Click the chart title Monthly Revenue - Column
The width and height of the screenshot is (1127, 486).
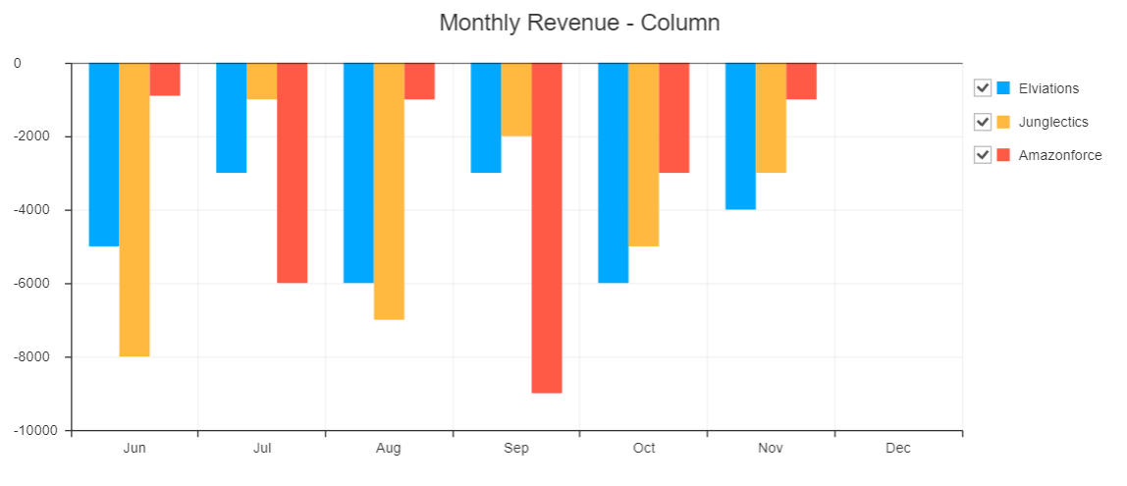click(579, 23)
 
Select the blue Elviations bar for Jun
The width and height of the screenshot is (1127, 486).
click(104, 154)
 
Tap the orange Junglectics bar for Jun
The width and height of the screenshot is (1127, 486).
click(134, 209)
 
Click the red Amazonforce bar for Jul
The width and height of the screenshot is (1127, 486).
click(292, 173)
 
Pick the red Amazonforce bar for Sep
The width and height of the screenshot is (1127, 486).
click(547, 228)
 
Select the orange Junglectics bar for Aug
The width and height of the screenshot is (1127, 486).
click(389, 191)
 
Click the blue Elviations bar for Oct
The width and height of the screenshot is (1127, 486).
click(614, 173)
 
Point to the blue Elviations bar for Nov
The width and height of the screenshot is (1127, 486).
click(740, 136)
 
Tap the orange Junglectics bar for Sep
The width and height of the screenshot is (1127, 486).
click(516, 99)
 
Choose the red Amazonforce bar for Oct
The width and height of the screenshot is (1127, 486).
click(673, 118)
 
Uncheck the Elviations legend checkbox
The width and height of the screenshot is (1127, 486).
click(982, 88)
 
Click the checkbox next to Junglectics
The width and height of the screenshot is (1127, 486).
click(982, 122)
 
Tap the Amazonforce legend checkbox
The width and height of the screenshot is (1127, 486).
click(982, 155)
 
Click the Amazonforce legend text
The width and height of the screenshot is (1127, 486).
click(1060, 155)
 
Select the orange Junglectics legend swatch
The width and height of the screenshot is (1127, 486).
click(1003, 122)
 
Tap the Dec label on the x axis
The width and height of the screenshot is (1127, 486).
click(897, 449)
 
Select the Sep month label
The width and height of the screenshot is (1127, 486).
click(516, 449)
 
